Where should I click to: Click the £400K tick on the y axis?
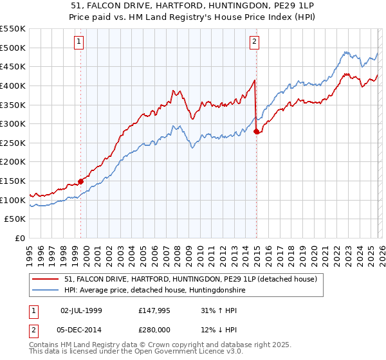pos(13,85)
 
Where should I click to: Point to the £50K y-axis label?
pos(15,219)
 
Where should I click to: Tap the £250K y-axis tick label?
pos(13,143)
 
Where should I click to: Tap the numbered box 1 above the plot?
pos(78,42)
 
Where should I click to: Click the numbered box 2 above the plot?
pos(254,42)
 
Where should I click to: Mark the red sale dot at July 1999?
pos(81,181)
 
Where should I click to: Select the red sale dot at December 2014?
pos(257,131)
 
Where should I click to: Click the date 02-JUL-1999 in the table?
pos(81,310)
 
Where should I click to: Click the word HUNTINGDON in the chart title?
pos(197,4)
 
